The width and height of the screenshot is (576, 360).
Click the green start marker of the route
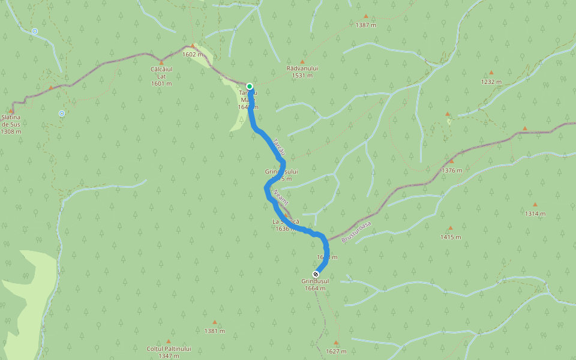tap(250, 86)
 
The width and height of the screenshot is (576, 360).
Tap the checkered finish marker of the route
tap(316, 274)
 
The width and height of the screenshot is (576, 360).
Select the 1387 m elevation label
tap(365, 25)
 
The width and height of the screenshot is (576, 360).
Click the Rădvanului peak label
tap(302, 68)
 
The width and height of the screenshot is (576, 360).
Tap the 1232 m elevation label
tap(491, 82)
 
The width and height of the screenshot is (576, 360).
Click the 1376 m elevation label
tap(452, 170)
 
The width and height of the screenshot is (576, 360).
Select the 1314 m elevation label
tap(535, 214)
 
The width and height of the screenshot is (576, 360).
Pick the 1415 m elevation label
tap(450, 237)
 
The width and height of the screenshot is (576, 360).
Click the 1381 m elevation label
tap(214, 331)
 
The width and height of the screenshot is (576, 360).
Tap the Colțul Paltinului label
tap(169, 349)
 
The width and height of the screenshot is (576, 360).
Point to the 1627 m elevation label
tap(336, 352)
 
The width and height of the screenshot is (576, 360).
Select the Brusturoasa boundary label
tap(356, 232)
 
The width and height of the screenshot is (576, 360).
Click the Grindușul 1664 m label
tap(315, 284)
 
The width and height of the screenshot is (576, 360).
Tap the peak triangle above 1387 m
tap(365, 16)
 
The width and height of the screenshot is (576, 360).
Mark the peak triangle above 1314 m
tap(535, 205)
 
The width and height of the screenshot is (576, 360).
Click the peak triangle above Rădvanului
tap(302, 61)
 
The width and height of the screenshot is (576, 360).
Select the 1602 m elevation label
tap(193, 54)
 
